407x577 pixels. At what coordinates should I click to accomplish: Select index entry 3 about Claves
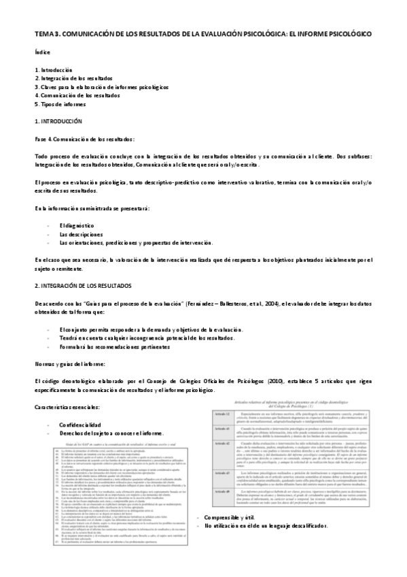[101, 87]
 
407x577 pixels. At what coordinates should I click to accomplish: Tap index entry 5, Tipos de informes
[61, 104]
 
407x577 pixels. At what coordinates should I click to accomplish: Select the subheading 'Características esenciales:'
[67, 407]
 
